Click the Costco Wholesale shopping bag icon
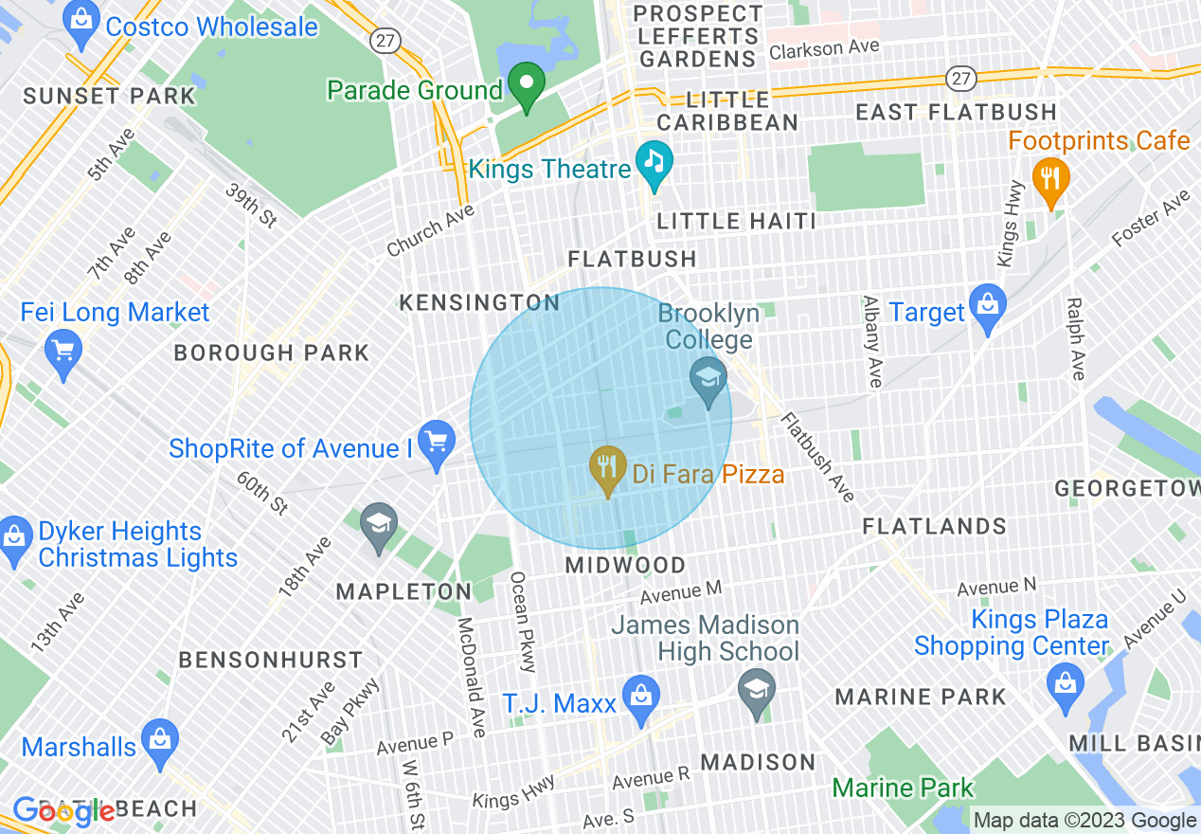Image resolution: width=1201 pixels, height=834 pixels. point(82,27)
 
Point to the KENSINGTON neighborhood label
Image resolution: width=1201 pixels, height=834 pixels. point(479,302)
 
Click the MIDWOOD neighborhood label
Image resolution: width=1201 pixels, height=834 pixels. point(625,565)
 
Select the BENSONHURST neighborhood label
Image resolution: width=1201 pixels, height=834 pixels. point(271,660)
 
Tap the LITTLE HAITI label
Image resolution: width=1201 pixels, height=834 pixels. point(736,221)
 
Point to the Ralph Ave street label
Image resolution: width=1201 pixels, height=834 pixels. point(1075,338)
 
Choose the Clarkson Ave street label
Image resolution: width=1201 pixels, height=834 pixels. point(823,47)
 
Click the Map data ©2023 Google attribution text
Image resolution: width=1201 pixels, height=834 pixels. point(1085,821)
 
